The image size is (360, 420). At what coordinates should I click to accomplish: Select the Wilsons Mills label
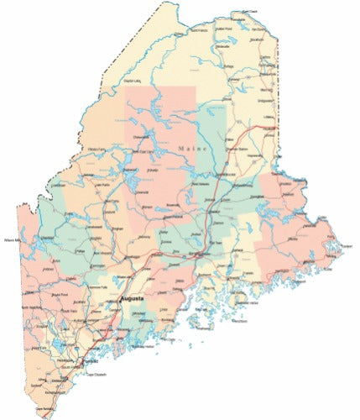pyautogui.click(x=14, y=239)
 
